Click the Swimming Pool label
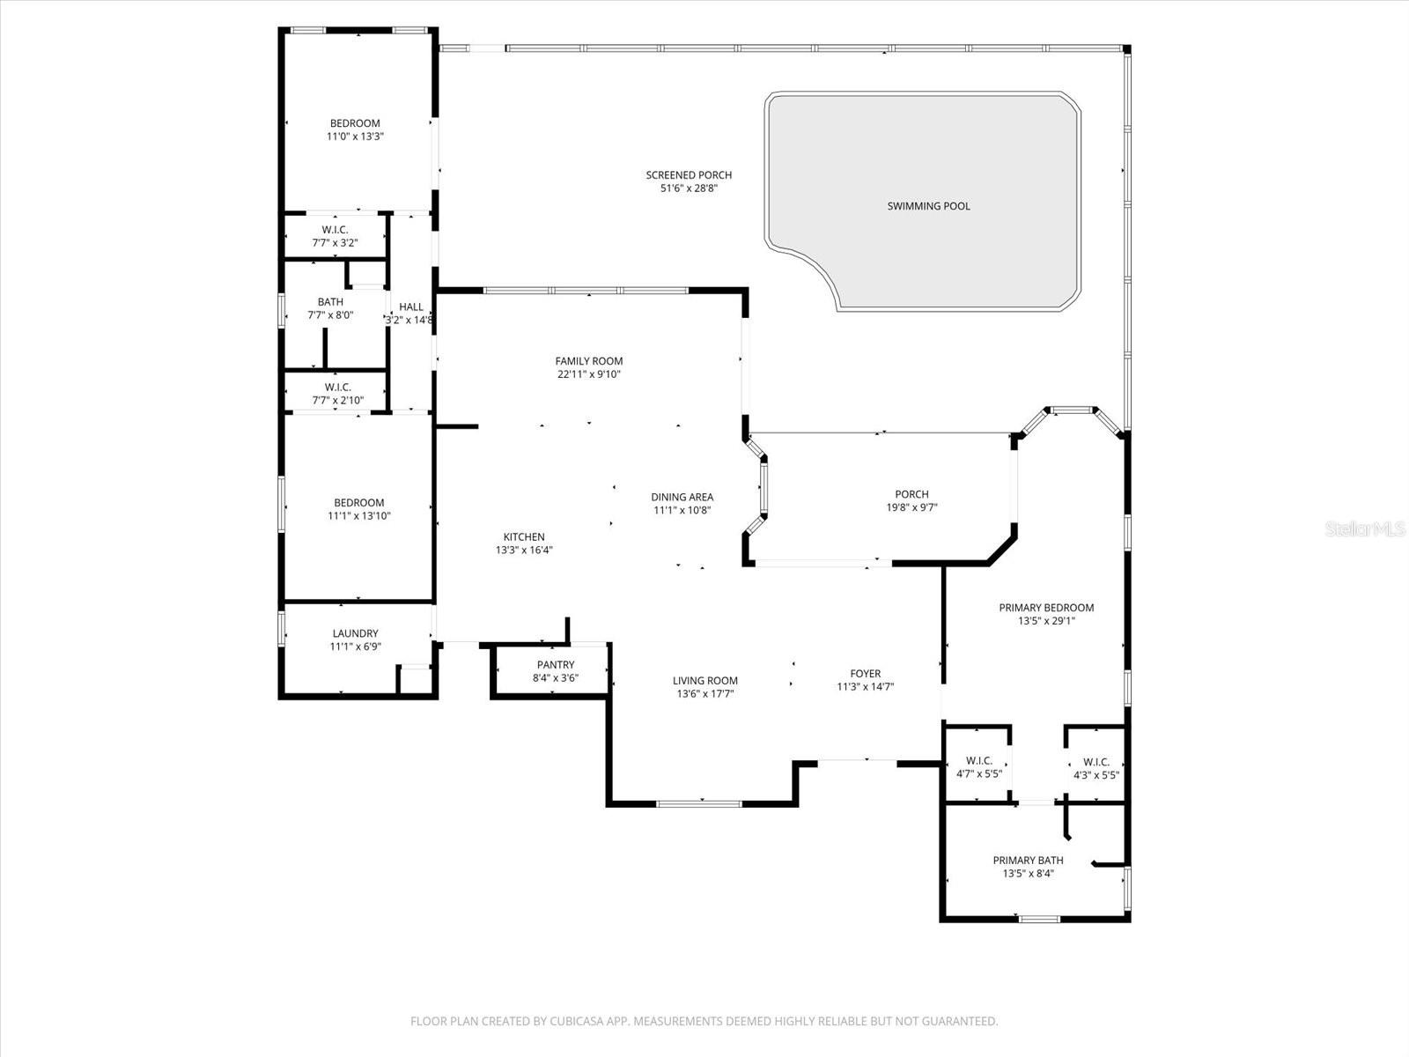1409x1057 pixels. point(928,206)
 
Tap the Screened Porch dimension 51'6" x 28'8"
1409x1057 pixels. point(689,188)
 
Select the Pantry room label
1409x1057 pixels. point(555,665)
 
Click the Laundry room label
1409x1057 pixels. point(355,633)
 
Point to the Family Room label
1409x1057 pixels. point(588,361)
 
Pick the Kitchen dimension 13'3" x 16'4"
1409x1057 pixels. point(524,551)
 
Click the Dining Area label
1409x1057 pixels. point(682,497)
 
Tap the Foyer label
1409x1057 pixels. point(865,674)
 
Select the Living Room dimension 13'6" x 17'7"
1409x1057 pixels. point(704,694)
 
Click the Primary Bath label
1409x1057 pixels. point(1028,861)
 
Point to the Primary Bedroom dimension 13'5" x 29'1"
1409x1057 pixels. point(1046,621)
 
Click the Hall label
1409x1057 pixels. point(410,307)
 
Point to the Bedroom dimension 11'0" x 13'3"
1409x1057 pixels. point(355,137)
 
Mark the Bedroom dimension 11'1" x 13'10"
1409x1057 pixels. point(358,516)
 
